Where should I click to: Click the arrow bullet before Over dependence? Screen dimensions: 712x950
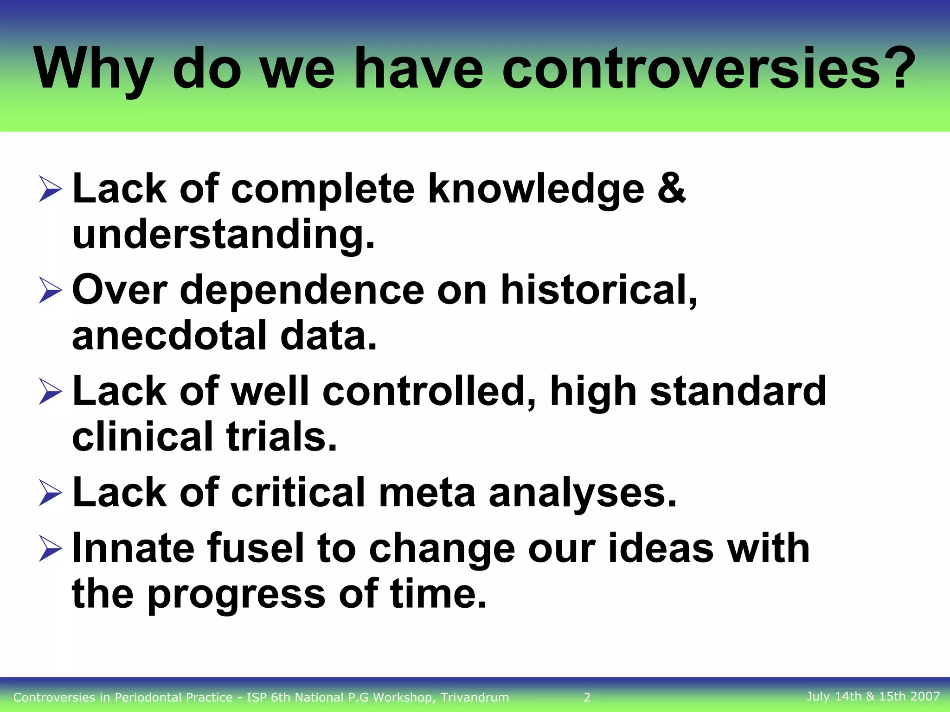point(50,291)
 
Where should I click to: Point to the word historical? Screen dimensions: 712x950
point(598,290)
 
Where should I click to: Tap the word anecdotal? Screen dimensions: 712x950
point(169,335)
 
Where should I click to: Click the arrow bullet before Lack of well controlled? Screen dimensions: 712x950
point(50,392)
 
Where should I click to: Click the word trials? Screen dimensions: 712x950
point(281,436)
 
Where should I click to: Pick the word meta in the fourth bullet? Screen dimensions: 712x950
point(427,492)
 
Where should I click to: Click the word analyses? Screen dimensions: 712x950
point(582,492)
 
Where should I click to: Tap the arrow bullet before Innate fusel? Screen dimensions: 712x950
point(50,548)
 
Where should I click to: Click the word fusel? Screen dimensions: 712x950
point(255,548)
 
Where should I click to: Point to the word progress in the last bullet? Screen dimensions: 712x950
point(237,594)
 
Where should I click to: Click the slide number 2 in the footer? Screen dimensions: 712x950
point(587,697)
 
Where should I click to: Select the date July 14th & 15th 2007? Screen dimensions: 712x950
point(873,696)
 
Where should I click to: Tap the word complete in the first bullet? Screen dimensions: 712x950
point(322,189)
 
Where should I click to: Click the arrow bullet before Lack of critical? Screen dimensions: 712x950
point(50,493)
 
